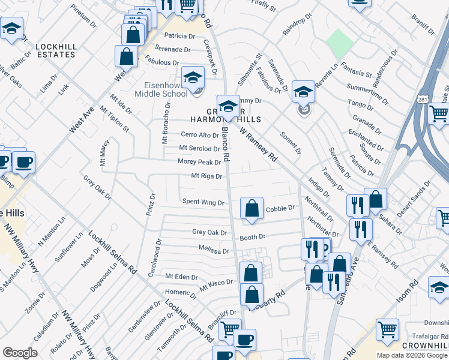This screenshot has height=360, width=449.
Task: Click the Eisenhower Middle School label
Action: [x=157, y=89]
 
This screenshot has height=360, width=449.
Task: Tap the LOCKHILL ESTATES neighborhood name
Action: [x=55, y=50]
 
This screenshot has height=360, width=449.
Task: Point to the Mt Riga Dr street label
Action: [x=206, y=176]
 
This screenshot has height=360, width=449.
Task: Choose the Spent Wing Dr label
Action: [x=202, y=203]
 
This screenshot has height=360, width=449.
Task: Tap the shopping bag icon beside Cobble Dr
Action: [x=252, y=208]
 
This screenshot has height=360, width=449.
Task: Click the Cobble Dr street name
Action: [x=280, y=208]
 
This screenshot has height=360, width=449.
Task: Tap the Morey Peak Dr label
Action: [x=199, y=162]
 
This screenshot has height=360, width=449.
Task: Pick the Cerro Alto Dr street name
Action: [x=200, y=135]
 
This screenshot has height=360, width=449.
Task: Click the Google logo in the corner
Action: [x=20, y=352]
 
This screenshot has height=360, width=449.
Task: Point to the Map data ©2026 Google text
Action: [x=412, y=355]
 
